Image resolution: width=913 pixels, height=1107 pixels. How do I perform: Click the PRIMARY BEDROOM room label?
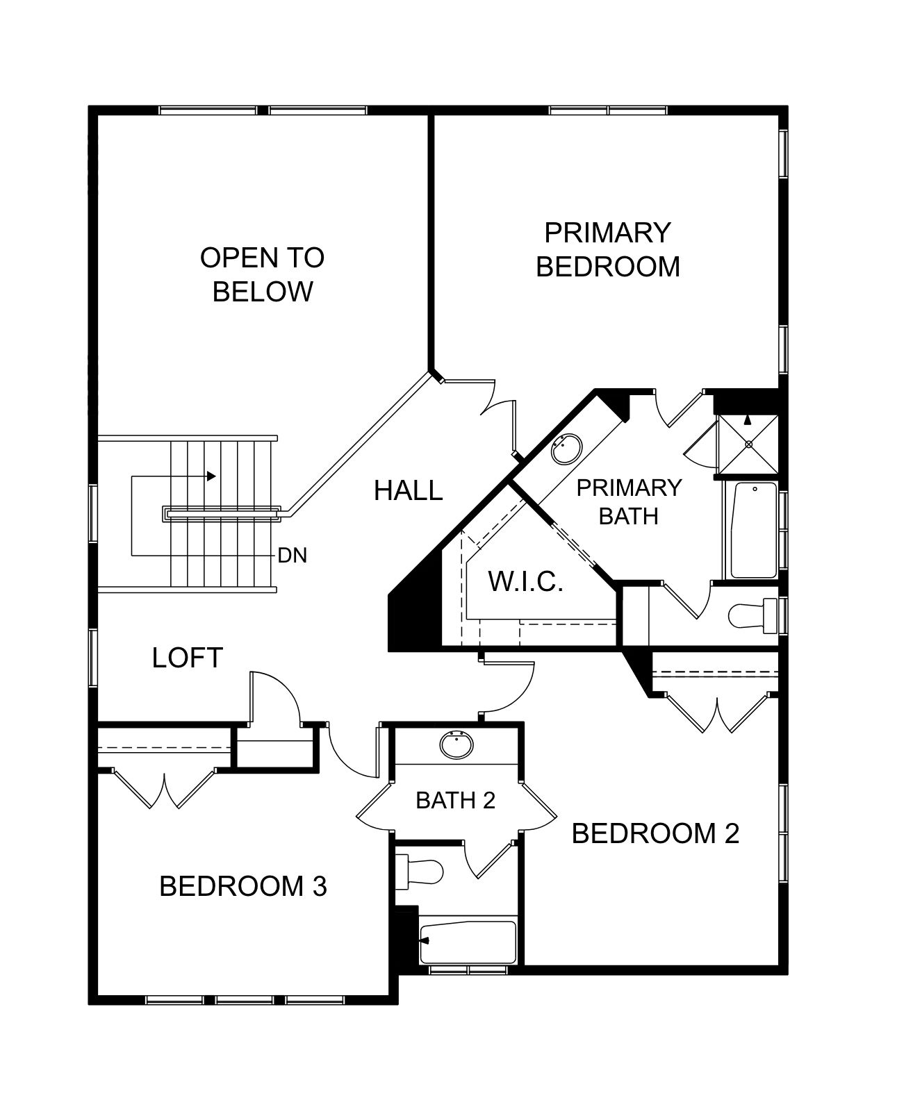point(607,250)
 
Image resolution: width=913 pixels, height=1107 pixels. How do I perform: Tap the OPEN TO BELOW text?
point(263,274)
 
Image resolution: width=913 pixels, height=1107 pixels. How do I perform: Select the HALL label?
point(408,490)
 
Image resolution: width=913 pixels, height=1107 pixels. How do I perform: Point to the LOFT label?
point(188,658)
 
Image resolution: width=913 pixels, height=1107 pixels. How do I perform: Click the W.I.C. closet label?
point(525,581)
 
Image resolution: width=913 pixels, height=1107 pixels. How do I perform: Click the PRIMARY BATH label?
point(629,501)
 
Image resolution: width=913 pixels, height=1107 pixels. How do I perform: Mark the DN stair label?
point(293,556)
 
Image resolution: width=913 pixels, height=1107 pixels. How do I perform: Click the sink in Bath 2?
point(456,745)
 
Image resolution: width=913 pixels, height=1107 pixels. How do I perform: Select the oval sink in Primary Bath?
point(566,449)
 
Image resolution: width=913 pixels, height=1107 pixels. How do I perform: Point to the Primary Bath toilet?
point(753,615)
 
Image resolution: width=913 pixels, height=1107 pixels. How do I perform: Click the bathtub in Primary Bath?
point(754,530)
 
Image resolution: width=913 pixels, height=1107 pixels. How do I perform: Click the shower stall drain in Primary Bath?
point(748,444)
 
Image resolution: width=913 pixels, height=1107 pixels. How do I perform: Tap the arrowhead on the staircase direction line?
point(211,476)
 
